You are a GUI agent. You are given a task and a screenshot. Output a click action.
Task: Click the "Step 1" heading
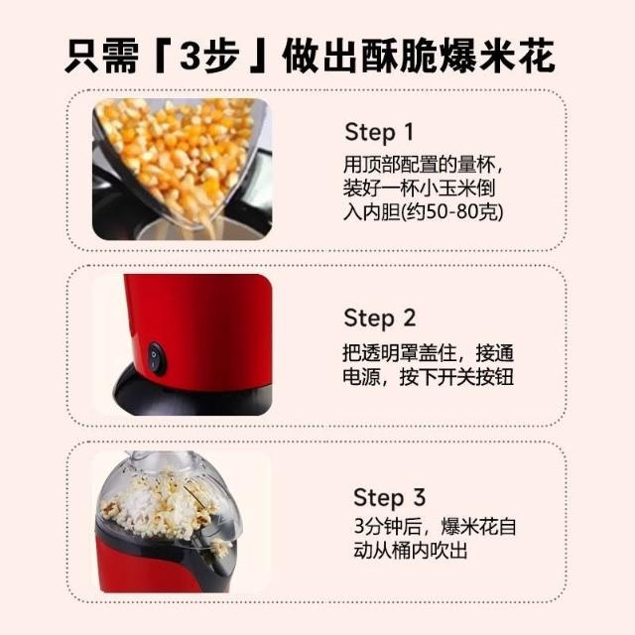click(379, 132)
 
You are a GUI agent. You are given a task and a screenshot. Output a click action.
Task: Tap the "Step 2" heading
click(379, 317)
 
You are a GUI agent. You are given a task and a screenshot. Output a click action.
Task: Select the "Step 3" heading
click(389, 497)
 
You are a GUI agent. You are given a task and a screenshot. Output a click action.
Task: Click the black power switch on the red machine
click(157, 357)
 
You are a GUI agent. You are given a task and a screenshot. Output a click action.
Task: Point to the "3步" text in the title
click(207, 56)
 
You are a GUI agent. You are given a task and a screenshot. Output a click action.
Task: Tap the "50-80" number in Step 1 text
click(450, 211)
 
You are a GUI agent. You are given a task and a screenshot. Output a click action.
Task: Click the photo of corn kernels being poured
click(183, 170)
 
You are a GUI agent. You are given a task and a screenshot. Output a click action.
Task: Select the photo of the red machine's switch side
click(184, 344)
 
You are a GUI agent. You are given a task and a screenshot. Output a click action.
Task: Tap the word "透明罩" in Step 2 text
click(390, 353)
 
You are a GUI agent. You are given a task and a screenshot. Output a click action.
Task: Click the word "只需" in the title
click(101, 56)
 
